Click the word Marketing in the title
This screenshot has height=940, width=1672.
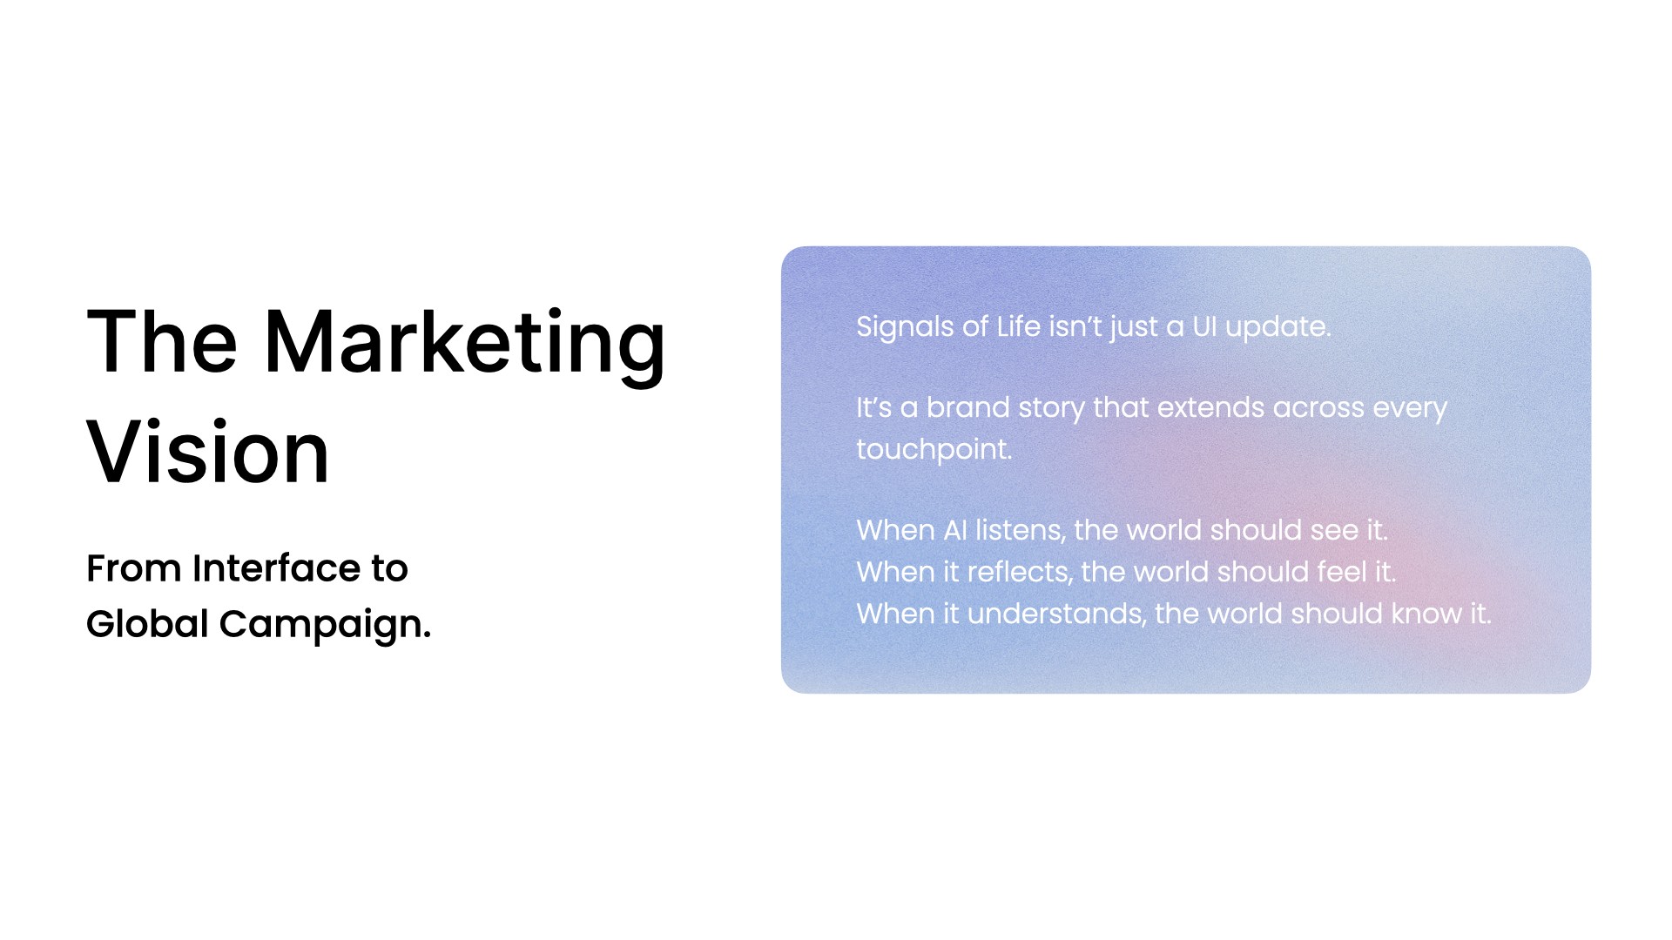point(464,344)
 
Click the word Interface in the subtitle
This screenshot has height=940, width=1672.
point(276,568)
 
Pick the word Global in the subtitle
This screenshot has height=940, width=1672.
point(147,623)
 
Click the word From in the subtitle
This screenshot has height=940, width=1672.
point(133,568)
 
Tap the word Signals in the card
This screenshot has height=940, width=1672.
point(905,328)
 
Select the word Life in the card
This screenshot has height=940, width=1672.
point(1019,326)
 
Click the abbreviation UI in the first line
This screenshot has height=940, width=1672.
point(1204,326)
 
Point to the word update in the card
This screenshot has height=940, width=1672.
point(1278,328)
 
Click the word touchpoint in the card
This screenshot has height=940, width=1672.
point(934,450)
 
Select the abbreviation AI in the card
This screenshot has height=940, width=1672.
point(955,530)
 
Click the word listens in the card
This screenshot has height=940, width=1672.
point(1021,530)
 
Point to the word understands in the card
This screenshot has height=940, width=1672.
point(1056,614)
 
